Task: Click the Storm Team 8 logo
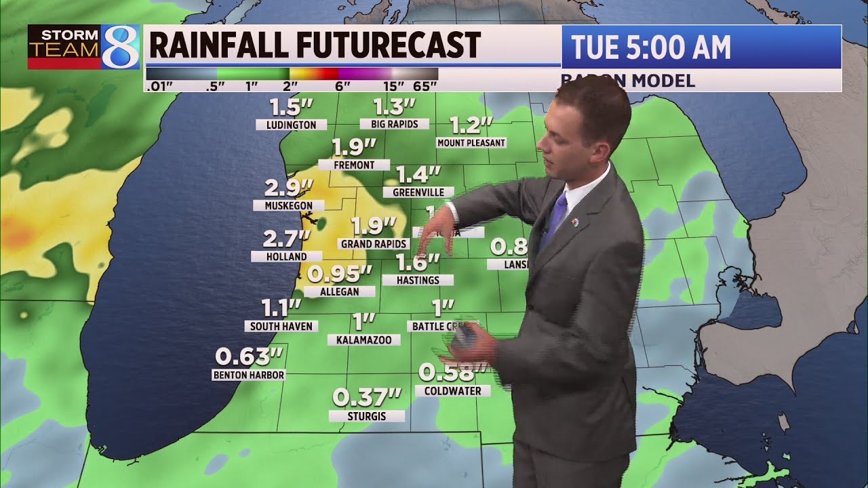[x=83, y=47]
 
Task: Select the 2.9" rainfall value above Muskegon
[x=289, y=188]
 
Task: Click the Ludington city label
[x=292, y=125]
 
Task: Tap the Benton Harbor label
[x=249, y=375]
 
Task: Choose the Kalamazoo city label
[x=363, y=340]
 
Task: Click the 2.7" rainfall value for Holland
[x=287, y=239]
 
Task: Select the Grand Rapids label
[x=374, y=243]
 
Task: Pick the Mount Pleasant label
[x=471, y=143]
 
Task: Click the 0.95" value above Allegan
[x=340, y=274]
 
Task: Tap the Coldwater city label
[x=452, y=391]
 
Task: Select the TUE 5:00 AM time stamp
[x=651, y=47]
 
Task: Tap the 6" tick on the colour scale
[x=342, y=85]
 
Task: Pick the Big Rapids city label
[x=394, y=124]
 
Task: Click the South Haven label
[x=281, y=326]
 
